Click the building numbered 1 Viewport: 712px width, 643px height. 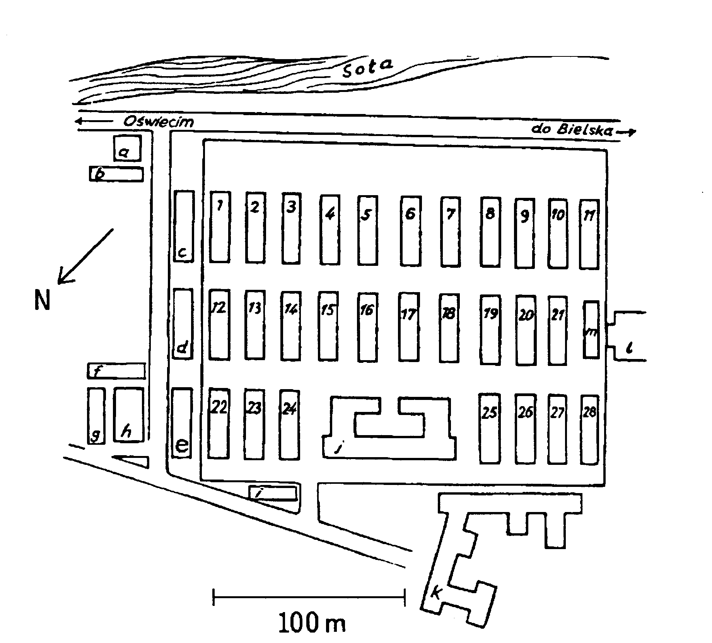220,226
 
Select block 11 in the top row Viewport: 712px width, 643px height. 589,234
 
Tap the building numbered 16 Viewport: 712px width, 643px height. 367,327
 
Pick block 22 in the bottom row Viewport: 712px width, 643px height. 219,424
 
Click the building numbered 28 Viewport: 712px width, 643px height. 589,429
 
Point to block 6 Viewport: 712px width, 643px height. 411,231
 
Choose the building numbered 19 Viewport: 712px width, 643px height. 490,329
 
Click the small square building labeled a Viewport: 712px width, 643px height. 127,148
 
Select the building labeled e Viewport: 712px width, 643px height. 182,423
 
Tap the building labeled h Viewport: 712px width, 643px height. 129,414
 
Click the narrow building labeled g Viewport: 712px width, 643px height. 96,416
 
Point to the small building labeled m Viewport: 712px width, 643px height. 591,330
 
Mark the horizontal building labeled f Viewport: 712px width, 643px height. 116,371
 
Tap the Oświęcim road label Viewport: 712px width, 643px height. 159,121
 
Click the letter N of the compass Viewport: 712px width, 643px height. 42,299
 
